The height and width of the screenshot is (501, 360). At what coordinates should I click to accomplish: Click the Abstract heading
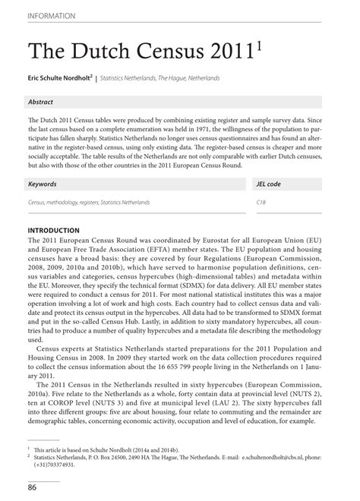click(x=40, y=102)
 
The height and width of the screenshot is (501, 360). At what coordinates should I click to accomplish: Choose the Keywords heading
click(x=43, y=184)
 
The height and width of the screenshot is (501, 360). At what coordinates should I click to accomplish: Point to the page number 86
click(x=33, y=487)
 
